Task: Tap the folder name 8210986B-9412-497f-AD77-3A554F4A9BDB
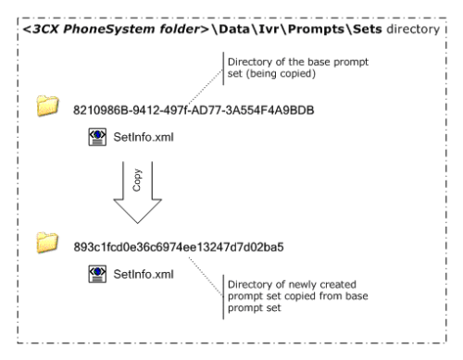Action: pyautogui.click(x=194, y=110)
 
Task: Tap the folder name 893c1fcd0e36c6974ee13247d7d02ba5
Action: pyautogui.click(x=191, y=247)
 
